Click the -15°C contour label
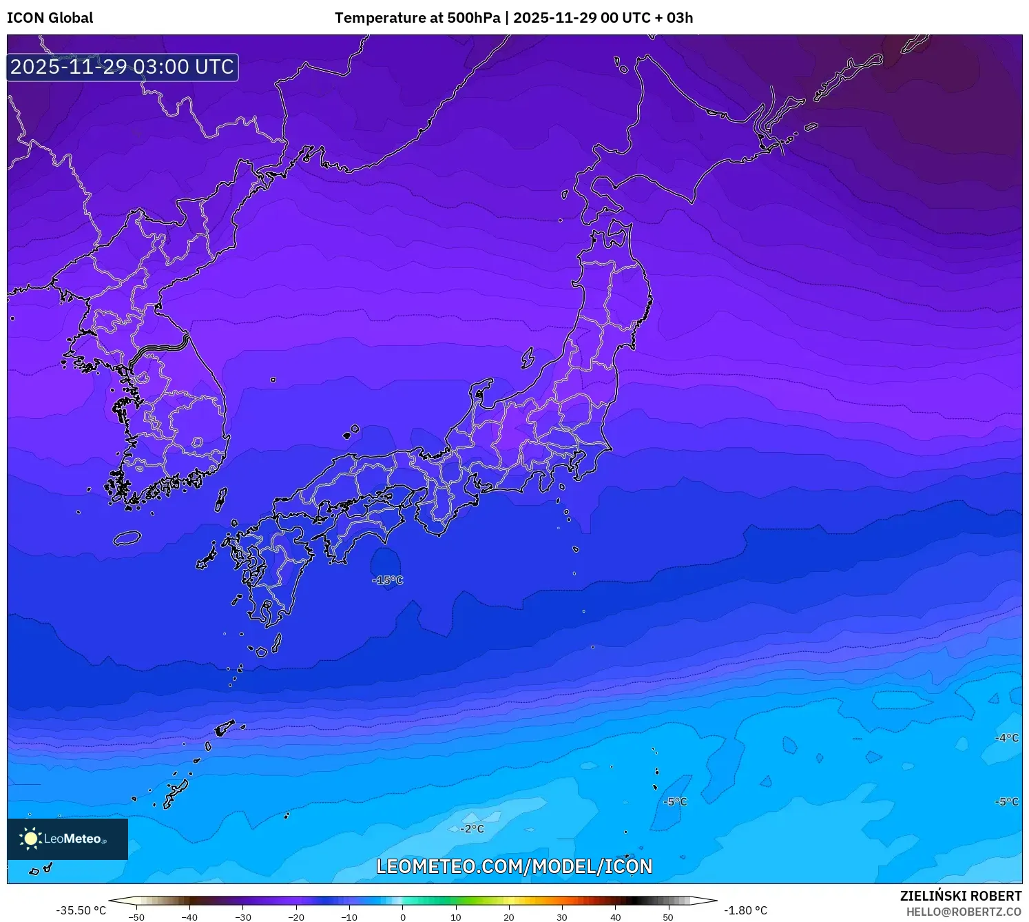point(388,580)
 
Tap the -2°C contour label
point(472,829)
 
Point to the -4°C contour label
point(1007,738)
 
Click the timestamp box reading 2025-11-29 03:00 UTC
point(123,67)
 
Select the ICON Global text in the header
point(50,18)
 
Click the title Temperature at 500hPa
point(417,18)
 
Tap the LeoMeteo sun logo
point(30,839)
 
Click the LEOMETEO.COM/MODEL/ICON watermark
point(514,866)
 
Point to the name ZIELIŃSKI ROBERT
point(961,896)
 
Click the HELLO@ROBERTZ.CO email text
point(964,912)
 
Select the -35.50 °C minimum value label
point(81,910)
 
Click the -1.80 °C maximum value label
point(745,910)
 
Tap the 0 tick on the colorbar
point(403,917)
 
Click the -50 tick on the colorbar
point(136,917)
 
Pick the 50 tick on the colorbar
point(668,917)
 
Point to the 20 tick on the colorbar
point(509,917)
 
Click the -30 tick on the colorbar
point(243,917)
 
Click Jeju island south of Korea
point(127,537)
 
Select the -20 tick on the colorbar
point(296,917)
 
